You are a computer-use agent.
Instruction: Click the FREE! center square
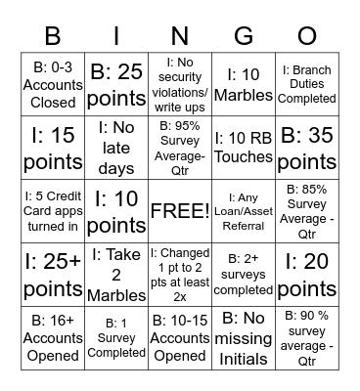coord(179,212)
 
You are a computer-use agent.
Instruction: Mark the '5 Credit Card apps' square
coord(53,212)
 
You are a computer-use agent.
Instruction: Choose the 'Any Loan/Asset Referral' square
coord(243,212)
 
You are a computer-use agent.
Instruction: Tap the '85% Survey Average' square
coord(305,212)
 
